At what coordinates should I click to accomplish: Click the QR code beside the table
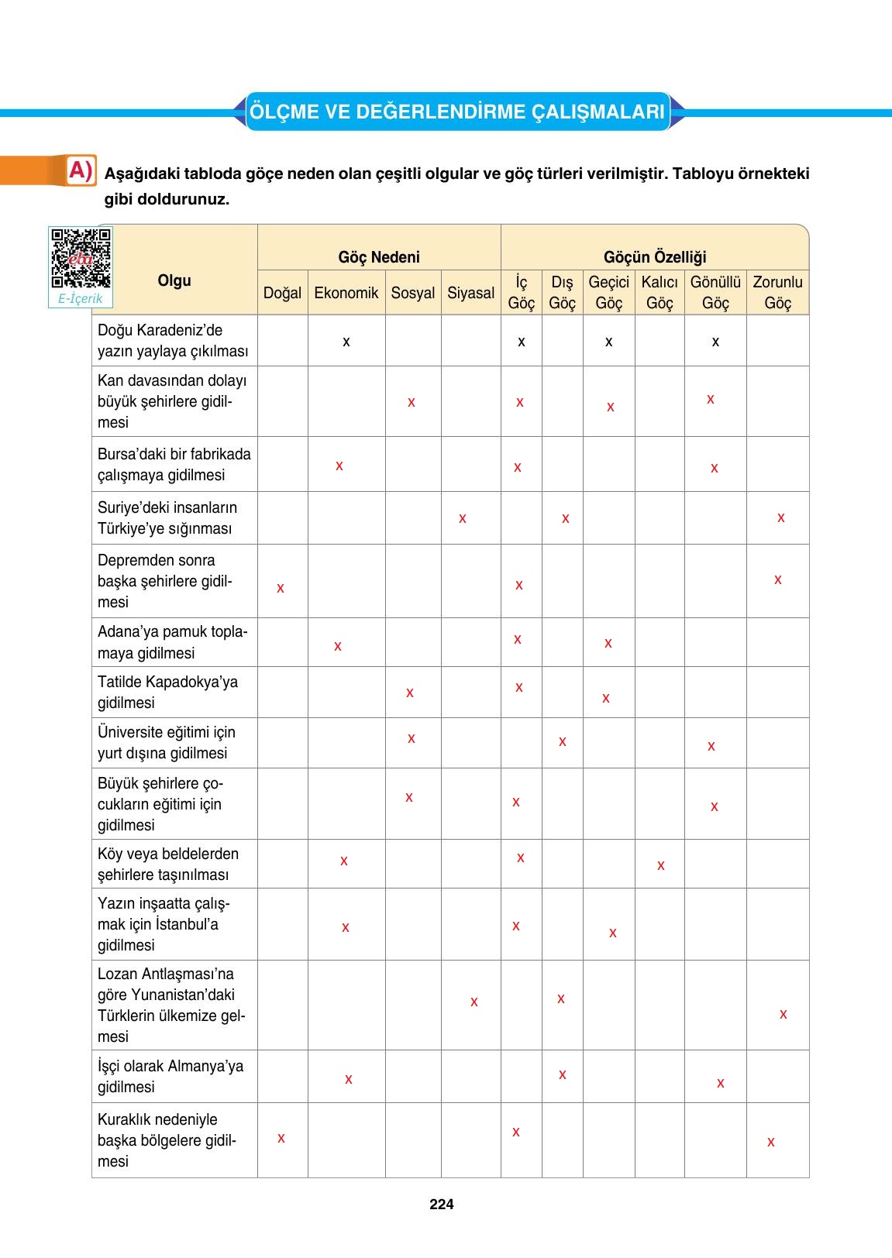[81, 258]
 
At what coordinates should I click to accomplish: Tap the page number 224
[441, 1204]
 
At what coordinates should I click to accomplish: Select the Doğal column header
[282, 293]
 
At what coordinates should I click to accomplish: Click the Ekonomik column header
[346, 293]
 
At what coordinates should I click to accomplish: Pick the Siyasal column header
[470, 293]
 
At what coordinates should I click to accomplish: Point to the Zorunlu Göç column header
[777, 292]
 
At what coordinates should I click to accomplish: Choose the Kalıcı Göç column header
[660, 292]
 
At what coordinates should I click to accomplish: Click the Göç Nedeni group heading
[379, 257]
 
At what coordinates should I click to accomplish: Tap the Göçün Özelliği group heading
[655, 257]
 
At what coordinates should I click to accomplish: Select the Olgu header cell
[174, 280]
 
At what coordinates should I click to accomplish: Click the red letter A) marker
[81, 170]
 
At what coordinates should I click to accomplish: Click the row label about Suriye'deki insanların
[167, 517]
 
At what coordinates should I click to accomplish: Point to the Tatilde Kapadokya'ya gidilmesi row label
[167, 692]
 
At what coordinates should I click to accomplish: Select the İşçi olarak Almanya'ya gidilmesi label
[170, 1076]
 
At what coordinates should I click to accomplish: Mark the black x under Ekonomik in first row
[346, 342]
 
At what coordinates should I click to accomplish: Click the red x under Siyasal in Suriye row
[463, 518]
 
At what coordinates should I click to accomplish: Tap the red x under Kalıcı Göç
[660, 865]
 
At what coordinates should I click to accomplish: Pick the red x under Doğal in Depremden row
[281, 588]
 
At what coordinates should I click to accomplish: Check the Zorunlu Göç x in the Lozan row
[783, 1014]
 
